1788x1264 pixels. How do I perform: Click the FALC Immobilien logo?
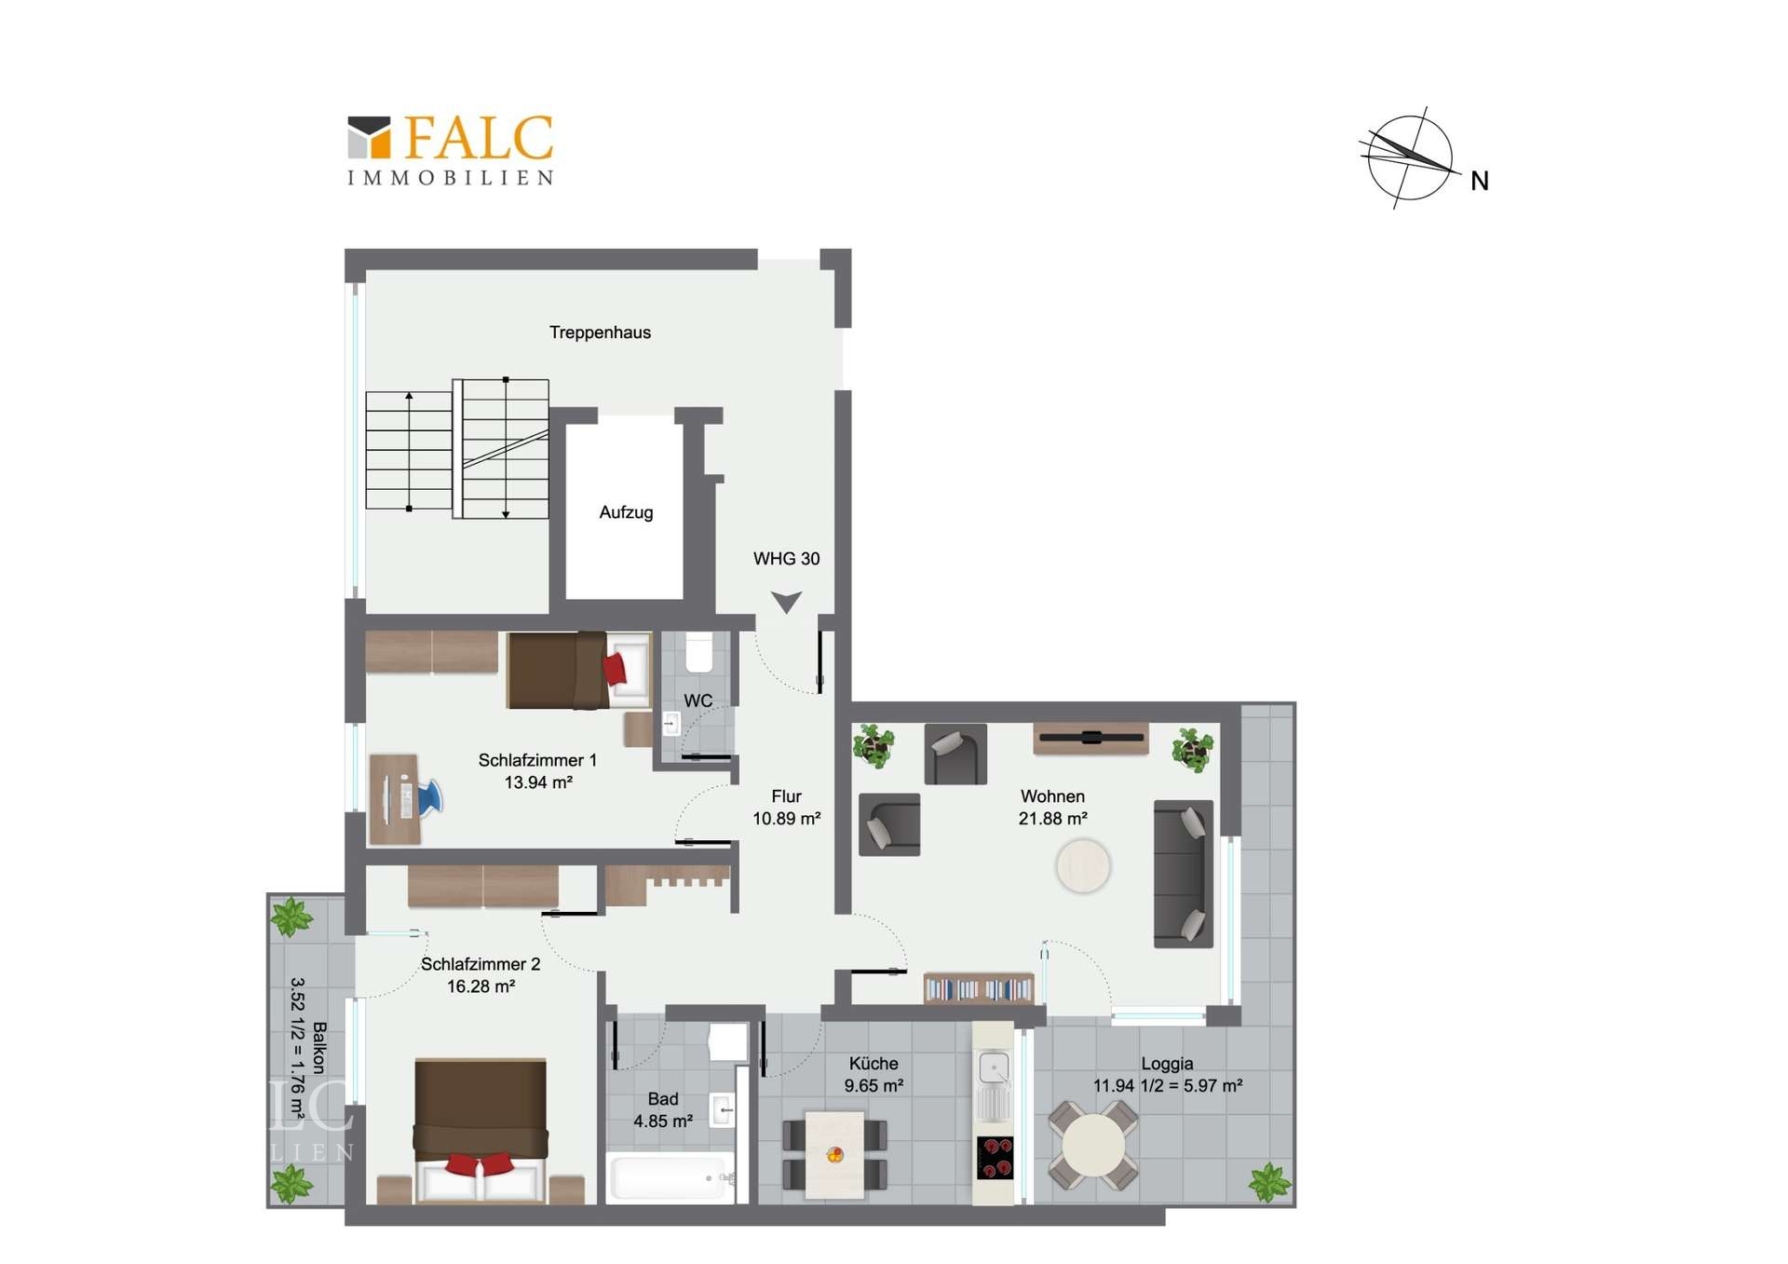coord(451,151)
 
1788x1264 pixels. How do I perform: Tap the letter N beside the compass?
coord(1480,181)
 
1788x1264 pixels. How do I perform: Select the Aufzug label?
coord(626,512)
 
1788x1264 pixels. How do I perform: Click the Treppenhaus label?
coord(600,333)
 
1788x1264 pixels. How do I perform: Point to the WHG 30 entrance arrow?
coord(787,602)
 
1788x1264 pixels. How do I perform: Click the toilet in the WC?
coord(698,652)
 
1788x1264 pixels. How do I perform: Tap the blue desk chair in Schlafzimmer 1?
coord(429,798)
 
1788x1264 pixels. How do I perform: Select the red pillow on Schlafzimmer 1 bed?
coord(615,669)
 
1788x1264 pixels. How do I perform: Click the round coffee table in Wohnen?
coord(1083,865)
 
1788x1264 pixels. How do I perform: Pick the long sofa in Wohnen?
coord(1184,874)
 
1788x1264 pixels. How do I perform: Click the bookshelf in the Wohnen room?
coord(979,988)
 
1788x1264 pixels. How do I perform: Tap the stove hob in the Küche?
coord(995,1158)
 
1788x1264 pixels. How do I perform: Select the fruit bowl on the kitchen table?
coord(835,1155)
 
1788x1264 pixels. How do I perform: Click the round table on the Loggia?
coord(1093,1145)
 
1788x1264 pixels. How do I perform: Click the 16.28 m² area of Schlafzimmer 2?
coord(481,986)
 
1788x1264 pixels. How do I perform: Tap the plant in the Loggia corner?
coord(1269,1183)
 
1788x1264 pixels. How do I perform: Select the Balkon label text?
coord(319,1048)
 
